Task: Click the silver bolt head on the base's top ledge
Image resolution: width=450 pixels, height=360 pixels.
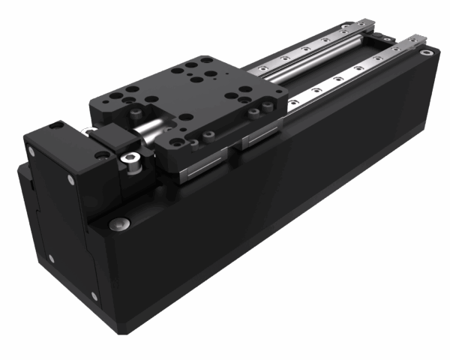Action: pyautogui.click(x=118, y=224)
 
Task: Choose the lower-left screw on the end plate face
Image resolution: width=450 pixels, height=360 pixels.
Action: pyautogui.click(x=51, y=259)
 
